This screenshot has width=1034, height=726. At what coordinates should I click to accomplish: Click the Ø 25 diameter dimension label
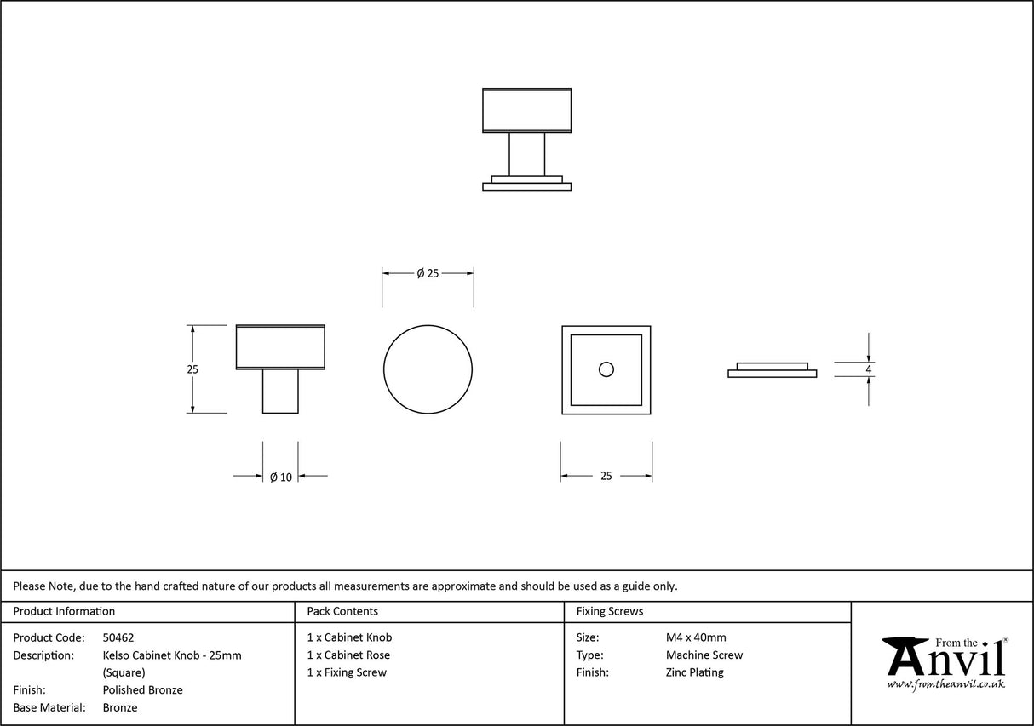click(x=428, y=273)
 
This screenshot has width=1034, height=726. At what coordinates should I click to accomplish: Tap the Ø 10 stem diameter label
click(x=281, y=477)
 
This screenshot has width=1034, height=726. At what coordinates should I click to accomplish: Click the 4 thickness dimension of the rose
click(x=868, y=369)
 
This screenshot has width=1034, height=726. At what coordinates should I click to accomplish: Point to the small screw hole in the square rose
click(x=606, y=369)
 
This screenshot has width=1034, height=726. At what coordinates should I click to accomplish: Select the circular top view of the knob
click(x=428, y=369)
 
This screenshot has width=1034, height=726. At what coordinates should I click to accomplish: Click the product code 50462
click(x=118, y=637)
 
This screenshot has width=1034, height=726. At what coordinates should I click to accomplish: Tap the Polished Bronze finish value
click(x=142, y=690)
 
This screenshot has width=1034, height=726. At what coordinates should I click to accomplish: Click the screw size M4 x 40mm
click(x=696, y=637)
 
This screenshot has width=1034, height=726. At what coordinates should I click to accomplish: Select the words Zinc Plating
click(x=695, y=672)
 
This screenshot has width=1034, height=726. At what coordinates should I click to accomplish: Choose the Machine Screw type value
click(x=704, y=655)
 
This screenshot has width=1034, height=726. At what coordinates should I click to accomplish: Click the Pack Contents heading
click(x=342, y=611)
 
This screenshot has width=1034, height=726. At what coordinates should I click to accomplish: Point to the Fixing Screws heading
click(x=610, y=611)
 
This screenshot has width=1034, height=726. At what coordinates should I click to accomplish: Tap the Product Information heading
click(x=64, y=611)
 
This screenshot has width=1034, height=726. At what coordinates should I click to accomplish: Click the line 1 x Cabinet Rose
click(x=348, y=655)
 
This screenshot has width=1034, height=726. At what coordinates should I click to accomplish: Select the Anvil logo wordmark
click(x=945, y=657)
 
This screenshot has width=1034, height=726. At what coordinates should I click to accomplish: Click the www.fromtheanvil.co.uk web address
click(x=945, y=683)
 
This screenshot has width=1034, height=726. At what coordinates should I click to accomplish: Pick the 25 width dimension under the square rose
click(x=606, y=477)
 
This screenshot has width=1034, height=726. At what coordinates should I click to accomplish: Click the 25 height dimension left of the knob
click(x=192, y=369)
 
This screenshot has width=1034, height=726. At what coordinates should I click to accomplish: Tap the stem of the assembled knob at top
click(x=526, y=154)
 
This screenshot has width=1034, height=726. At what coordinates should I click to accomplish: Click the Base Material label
click(x=49, y=707)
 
